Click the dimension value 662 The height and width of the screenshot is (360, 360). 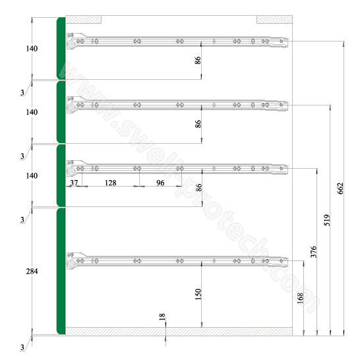pos(340,189)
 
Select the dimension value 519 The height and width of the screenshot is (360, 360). pos(327,220)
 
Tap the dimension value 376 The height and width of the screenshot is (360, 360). pos(314,252)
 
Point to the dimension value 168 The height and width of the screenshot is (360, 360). pos(300,298)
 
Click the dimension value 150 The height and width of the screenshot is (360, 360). pos(198,294)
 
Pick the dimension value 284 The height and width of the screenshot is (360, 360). pos(32,272)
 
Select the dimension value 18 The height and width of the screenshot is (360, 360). pos(162,317)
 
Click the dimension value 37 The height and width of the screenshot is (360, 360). pos(74,183)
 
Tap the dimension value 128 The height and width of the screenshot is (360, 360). pos(110,183)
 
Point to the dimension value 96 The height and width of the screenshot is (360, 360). pos(160,183)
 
